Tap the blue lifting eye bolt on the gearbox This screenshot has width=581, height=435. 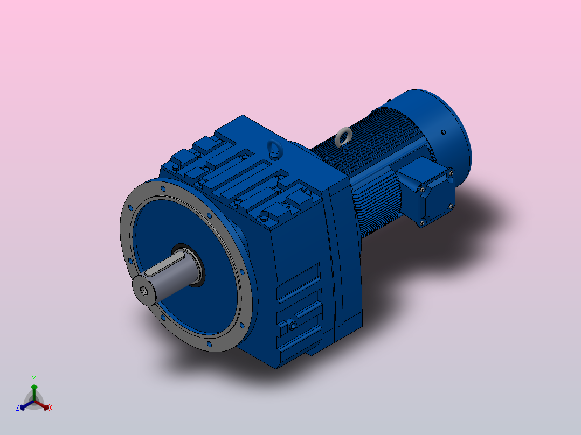pyautogui.click(x=275, y=150)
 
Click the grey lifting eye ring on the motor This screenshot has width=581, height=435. pyautogui.click(x=342, y=137)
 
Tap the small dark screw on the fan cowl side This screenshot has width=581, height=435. pyautogui.click(x=443, y=132)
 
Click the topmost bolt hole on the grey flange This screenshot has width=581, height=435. pyautogui.click(x=163, y=188)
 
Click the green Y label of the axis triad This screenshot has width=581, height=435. pyautogui.click(x=33, y=378)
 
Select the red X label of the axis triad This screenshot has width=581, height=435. pyautogui.click(x=51, y=408)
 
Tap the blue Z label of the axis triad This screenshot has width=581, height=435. pyautogui.click(x=18, y=408)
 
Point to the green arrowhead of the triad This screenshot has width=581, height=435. pyautogui.click(x=33, y=387)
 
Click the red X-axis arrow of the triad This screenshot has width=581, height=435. pyautogui.click(x=44, y=405)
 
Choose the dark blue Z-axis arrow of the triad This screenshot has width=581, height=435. pyautogui.click(x=24, y=406)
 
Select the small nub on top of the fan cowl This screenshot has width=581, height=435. pyautogui.click(x=389, y=100)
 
